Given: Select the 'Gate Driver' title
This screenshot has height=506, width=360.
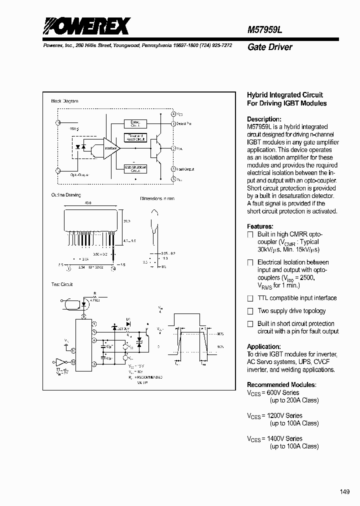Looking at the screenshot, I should (x=269, y=47).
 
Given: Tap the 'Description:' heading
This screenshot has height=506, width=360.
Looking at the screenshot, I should (x=264, y=119).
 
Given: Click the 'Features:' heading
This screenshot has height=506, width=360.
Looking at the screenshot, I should (x=260, y=226).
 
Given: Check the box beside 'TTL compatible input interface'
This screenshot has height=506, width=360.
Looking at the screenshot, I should (x=250, y=298).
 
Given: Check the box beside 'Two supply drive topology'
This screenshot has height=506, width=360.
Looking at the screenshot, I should (x=250, y=311).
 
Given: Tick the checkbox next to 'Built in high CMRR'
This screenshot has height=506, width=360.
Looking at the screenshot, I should (x=250, y=234).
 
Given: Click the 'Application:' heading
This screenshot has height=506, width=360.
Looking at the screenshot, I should (x=263, y=346).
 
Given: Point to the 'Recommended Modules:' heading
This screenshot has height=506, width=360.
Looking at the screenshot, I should (x=281, y=384).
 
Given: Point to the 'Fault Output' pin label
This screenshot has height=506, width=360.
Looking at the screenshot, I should (x=185, y=169).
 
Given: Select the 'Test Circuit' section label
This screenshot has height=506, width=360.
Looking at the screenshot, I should (x=61, y=284).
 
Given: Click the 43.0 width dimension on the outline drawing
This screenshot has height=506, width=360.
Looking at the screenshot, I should (x=88, y=203).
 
